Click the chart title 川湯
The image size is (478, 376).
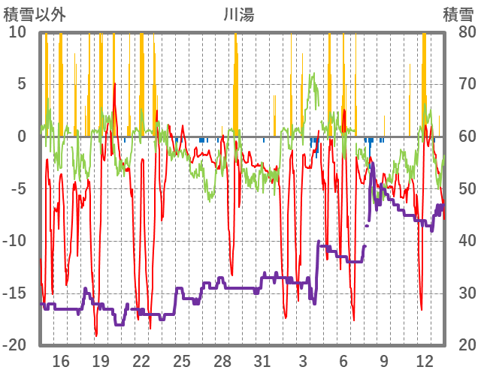[239, 14]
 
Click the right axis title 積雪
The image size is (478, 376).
[457, 14]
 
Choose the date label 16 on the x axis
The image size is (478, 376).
[61, 359]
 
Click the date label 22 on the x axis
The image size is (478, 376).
[141, 359]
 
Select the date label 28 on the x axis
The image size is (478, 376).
[222, 359]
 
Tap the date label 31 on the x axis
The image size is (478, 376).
[262, 359]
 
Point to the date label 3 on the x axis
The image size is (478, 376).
[303, 359]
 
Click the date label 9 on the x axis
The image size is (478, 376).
[384, 359]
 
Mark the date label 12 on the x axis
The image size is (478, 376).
[424, 359]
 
